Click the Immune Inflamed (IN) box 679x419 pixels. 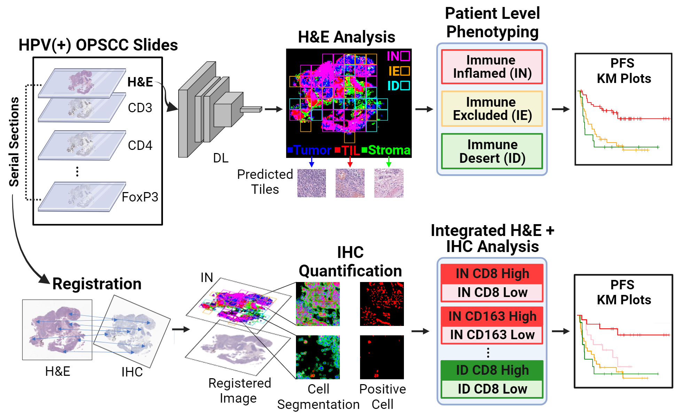click(x=492, y=67)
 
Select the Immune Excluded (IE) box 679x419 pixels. click(x=492, y=108)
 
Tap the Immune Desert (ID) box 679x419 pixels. click(x=492, y=151)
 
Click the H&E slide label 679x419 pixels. click(x=140, y=82)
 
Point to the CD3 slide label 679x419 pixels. click(x=140, y=108)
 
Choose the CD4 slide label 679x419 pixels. click(x=140, y=145)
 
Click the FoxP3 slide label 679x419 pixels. click(x=140, y=197)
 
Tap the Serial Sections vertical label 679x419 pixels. click(x=14, y=142)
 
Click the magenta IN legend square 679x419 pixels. click(x=405, y=56)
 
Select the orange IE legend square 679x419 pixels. click(x=405, y=71)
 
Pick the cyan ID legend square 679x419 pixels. click(x=405, y=85)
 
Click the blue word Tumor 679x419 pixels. click(x=312, y=150)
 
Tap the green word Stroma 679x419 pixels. click(x=389, y=150)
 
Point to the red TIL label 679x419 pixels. click(x=350, y=151)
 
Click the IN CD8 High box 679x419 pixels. click(x=492, y=274)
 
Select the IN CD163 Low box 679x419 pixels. click(x=492, y=335)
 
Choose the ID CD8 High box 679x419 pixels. click(x=492, y=370)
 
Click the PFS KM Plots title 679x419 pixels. click(x=623, y=71)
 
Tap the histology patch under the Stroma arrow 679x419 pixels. click(x=389, y=183)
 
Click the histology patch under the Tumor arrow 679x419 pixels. click(x=312, y=183)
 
